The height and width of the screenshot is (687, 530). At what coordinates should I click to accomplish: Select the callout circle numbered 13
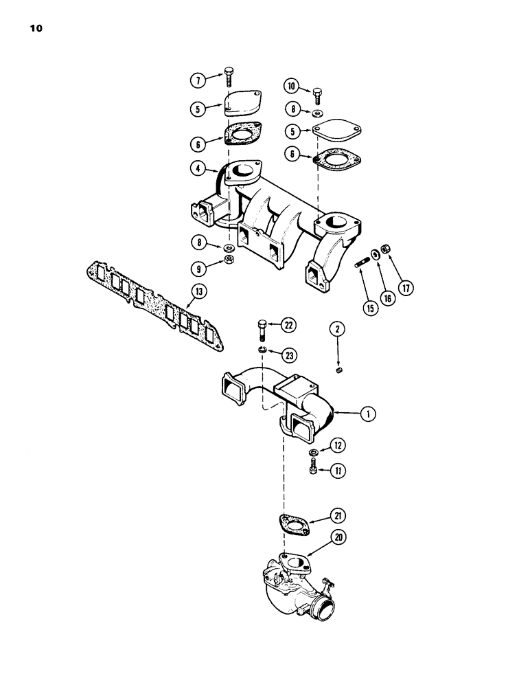(x=199, y=293)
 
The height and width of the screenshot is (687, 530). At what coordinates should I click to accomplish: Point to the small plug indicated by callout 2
(x=338, y=371)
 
